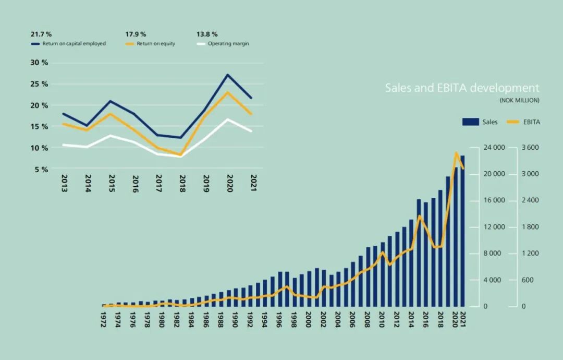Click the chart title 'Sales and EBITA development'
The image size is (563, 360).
click(462, 88)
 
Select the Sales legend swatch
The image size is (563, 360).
click(470, 122)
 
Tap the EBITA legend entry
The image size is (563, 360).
click(532, 122)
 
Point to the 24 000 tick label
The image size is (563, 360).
click(495, 148)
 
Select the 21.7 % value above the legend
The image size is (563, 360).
click(41, 34)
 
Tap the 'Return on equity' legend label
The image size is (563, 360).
click(156, 44)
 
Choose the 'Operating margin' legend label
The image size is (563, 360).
click(228, 44)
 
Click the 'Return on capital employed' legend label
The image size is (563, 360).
click(74, 44)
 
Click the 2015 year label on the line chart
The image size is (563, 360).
click(112, 184)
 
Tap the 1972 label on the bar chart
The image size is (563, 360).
click(104, 319)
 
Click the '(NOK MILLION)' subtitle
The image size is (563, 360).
click(519, 100)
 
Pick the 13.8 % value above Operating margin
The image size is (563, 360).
click(207, 34)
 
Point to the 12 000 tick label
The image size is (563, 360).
click(495, 227)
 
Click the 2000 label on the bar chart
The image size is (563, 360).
click(309, 319)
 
